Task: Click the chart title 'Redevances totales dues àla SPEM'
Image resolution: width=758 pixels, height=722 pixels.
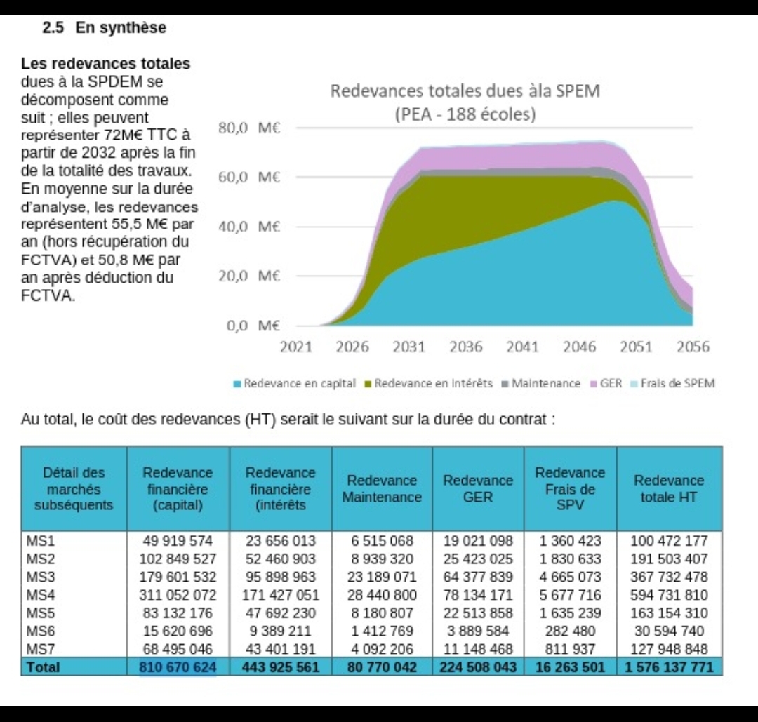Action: tap(465, 91)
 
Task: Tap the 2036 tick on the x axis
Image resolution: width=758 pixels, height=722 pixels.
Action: tap(466, 347)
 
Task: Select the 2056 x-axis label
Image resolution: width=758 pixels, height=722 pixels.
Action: tap(693, 347)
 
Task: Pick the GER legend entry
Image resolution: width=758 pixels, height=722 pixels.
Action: tap(606, 384)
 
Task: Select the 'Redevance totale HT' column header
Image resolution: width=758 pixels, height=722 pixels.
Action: tap(669, 488)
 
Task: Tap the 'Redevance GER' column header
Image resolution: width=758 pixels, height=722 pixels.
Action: tap(478, 488)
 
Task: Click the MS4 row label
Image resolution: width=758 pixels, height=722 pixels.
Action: tap(37, 595)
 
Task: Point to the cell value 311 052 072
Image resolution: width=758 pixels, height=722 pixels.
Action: tap(178, 595)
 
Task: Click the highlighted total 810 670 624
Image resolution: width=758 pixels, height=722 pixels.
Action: tap(178, 667)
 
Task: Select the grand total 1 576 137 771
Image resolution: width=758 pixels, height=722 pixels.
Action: tap(669, 667)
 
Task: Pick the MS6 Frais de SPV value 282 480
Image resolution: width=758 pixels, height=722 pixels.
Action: tap(570, 631)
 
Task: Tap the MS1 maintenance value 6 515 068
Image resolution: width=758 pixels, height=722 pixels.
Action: tap(382, 541)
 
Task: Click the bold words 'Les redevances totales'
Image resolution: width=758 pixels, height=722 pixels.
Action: tap(106, 64)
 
